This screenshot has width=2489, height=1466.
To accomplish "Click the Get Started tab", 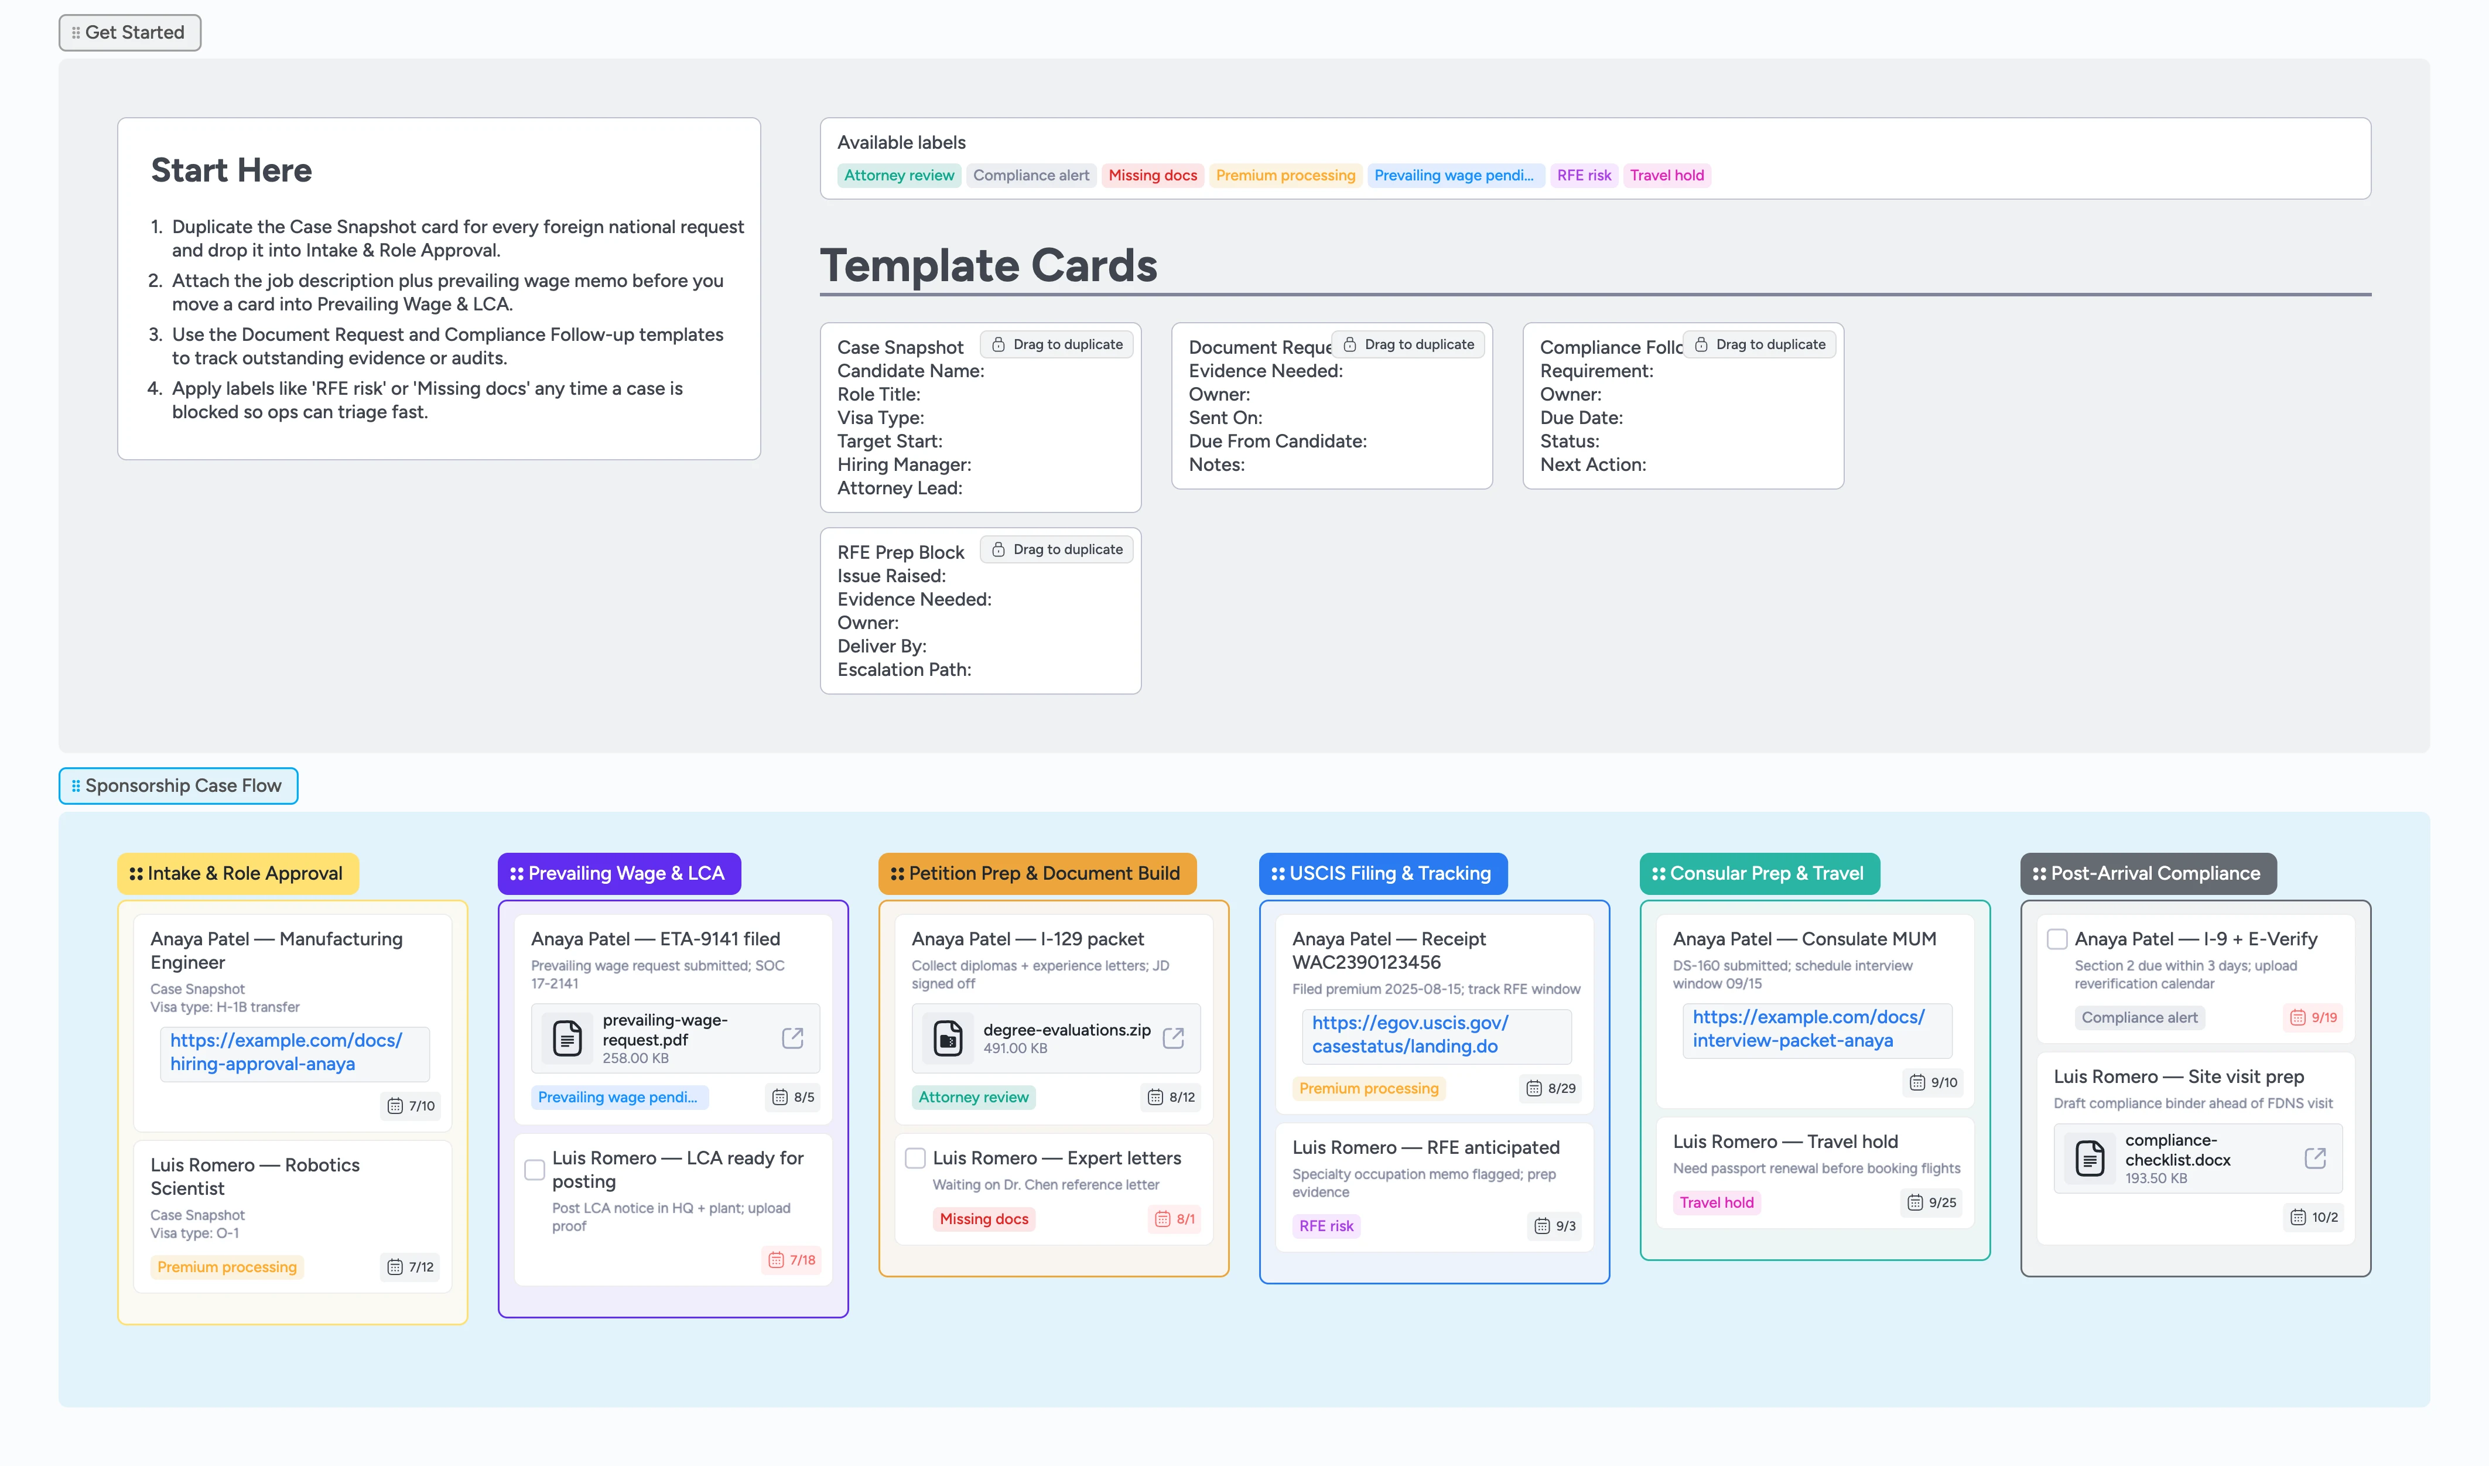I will pyautogui.click(x=129, y=33).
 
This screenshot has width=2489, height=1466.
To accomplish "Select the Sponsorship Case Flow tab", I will pyautogui.click(x=178, y=785).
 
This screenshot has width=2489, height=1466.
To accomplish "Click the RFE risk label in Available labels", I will pyautogui.click(x=1583, y=176).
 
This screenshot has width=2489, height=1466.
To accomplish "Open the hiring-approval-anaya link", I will pyautogui.click(x=285, y=1052).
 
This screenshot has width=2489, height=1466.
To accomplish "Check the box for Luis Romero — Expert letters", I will pyautogui.click(x=915, y=1158).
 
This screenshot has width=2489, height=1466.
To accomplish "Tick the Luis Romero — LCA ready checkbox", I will pyautogui.click(x=534, y=1170).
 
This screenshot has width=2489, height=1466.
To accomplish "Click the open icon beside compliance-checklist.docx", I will pyautogui.click(x=2314, y=1158).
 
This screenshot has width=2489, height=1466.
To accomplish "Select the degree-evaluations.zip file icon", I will pyautogui.click(x=947, y=1038).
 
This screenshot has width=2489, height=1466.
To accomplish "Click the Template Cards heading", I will pyautogui.click(x=988, y=266).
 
